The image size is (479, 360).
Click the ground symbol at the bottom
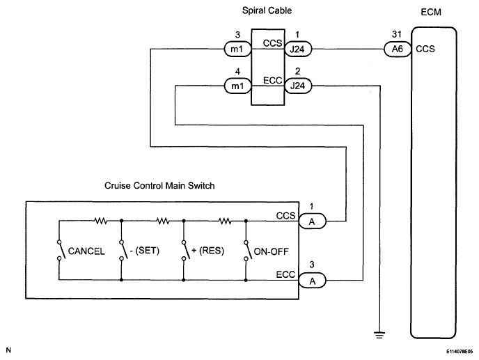pos(379,335)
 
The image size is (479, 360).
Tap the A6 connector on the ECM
pos(398,49)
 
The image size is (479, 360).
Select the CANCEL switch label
pos(86,251)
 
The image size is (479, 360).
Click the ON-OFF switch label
pos(272,251)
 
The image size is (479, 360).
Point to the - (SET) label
pos(145,251)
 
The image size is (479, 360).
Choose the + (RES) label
pos(207,251)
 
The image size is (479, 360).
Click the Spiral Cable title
pos(267,10)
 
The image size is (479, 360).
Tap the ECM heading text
pos(431,13)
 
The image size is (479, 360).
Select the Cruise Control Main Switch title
pos(159,185)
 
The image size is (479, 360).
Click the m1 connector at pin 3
pos(237,49)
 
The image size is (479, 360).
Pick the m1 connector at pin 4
pos(237,86)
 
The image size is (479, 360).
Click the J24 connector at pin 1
pos(298,49)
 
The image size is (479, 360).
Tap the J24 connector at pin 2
pos(298,86)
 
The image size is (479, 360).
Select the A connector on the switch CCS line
pos(312,221)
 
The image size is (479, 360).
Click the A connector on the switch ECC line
pos(312,281)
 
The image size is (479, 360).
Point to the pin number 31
pos(397,34)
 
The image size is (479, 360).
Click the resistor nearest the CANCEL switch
pos(100,220)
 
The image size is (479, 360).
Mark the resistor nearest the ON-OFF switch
pos(225,220)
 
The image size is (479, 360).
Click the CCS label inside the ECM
pos(425,49)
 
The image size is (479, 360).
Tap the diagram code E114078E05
pos(460,352)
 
